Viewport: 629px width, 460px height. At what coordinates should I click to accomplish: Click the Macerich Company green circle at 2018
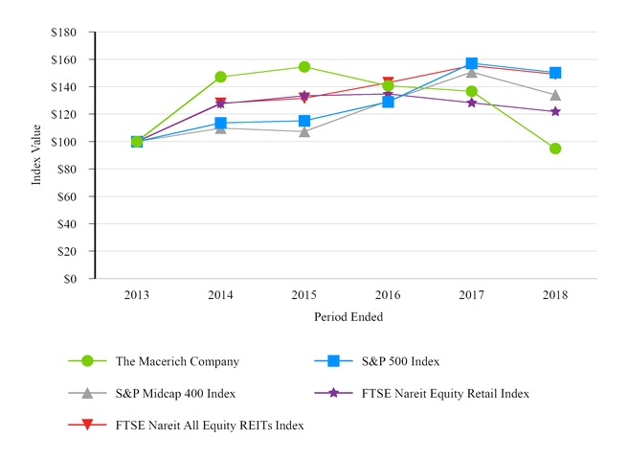(555, 149)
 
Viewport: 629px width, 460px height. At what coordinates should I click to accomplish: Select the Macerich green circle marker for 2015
(303, 67)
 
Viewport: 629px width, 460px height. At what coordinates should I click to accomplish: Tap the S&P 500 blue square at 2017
(471, 63)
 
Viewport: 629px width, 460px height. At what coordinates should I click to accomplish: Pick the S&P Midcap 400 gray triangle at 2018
(555, 95)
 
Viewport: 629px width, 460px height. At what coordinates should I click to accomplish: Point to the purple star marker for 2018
(555, 111)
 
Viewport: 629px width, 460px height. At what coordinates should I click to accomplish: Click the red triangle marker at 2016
(388, 82)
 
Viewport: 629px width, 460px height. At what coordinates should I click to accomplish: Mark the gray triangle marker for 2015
(303, 131)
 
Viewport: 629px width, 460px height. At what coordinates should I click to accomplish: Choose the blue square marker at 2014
(220, 123)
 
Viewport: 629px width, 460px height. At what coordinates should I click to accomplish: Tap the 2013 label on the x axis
(136, 295)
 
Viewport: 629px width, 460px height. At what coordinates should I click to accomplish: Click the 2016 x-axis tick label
(388, 295)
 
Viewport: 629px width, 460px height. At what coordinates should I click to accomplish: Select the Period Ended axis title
(348, 316)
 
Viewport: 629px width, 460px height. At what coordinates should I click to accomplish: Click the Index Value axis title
(37, 155)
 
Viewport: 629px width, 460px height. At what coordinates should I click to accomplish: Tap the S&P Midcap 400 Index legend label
(175, 393)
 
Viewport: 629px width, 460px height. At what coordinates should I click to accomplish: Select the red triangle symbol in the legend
(87, 425)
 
